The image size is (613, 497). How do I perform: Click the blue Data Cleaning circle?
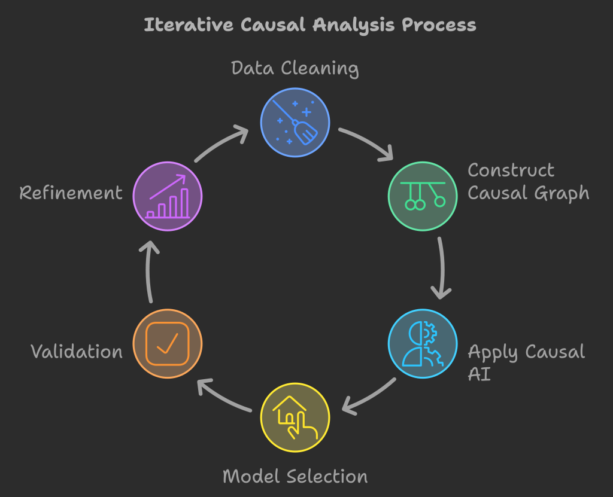click(295, 122)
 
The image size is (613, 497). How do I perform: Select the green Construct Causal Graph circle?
click(423, 196)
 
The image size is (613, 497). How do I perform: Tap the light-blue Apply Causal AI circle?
click(423, 343)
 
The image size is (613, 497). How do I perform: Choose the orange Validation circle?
click(168, 343)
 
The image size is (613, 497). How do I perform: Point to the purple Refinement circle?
click(168, 196)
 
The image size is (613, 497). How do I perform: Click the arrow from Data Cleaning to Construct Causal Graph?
click(366, 144)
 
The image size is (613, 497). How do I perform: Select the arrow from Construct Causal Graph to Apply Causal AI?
click(442, 268)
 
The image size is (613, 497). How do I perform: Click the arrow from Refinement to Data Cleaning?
click(221, 142)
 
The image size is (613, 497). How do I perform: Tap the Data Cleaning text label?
click(295, 68)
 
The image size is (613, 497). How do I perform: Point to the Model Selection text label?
click(295, 477)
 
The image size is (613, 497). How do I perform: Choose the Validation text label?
click(77, 352)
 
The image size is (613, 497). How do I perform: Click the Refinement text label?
click(71, 193)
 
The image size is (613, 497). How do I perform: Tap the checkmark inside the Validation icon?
click(168, 343)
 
